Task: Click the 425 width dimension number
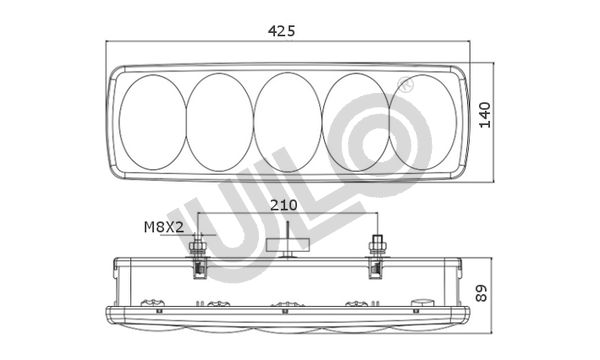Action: click(282, 31)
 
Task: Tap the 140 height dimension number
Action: click(485, 115)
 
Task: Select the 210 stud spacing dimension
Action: click(284, 205)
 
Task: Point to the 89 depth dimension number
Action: click(481, 293)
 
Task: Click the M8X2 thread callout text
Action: click(164, 227)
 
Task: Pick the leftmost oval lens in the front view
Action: click(153, 122)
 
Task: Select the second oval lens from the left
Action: click(220, 122)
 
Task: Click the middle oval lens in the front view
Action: click(288, 122)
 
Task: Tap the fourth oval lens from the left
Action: click(356, 122)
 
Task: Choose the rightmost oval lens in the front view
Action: click(423, 122)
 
